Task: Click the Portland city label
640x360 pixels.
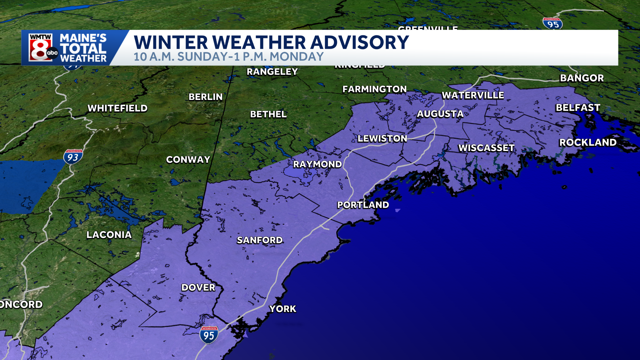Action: point(363,205)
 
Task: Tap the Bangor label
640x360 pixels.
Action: point(582,78)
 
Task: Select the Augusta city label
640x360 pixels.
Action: point(440,114)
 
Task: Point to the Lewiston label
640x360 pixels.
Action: point(382,138)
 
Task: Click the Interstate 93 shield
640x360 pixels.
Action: point(73,157)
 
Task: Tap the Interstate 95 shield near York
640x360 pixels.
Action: point(209,335)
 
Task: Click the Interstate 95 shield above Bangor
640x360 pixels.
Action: point(553,24)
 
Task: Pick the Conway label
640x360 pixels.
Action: point(188,160)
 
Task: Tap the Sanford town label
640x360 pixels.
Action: point(260,240)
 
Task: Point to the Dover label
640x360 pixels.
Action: point(198,287)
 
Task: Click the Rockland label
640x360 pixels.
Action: point(588,142)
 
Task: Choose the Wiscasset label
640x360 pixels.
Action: point(486,148)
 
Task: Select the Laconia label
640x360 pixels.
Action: point(109,235)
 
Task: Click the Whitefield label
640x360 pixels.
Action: point(117,108)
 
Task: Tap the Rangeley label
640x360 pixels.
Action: point(272,72)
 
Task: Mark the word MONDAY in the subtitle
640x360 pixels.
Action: point(297,57)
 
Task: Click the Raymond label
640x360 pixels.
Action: point(317,164)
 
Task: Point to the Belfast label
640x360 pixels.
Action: point(578,108)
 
